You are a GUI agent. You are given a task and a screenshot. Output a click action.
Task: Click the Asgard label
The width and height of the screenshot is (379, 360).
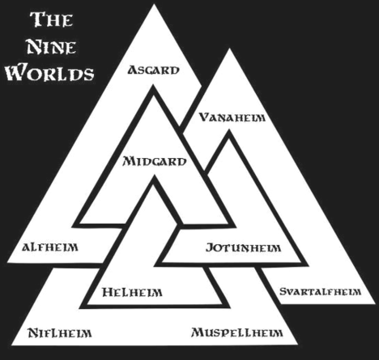pyautogui.click(x=153, y=70)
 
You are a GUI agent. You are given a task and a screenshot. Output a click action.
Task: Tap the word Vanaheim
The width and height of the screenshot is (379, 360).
pyautogui.click(x=232, y=118)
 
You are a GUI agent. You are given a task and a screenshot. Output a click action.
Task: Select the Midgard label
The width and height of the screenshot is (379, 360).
pyautogui.click(x=155, y=161)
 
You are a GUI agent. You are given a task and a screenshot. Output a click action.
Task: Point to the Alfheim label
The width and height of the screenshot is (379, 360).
pyautogui.click(x=50, y=247)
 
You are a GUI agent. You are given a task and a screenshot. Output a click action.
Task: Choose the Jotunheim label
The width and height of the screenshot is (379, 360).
pyautogui.click(x=243, y=247)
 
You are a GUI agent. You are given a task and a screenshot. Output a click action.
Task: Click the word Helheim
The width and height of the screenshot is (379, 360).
pyautogui.click(x=132, y=292)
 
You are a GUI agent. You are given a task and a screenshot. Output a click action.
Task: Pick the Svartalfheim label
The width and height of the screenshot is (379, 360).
pyautogui.click(x=320, y=292)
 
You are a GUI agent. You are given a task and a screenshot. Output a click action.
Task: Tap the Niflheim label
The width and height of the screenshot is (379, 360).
pyautogui.click(x=60, y=332)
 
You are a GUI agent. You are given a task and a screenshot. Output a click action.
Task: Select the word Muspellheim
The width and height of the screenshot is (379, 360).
pyautogui.click(x=237, y=332)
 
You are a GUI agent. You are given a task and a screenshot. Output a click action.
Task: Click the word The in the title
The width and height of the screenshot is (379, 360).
pyautogui.click(x=51, y=19)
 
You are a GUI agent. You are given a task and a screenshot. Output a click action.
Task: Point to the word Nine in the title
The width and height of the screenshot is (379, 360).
pyautogui.click(x=51, y=46)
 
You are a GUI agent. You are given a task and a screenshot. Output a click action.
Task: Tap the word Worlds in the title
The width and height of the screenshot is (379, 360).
pyautogui.click(x=50, y=72)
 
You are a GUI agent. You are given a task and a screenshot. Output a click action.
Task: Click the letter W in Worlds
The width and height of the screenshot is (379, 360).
pyautogui.click(x=16, y=71)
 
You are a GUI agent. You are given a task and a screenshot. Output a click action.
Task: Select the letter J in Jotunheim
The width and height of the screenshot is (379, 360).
pyautogui.click(x=210, y=247)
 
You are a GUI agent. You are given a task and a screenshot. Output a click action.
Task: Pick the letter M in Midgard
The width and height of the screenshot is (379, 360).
pyautogui.click(x=130, y=161)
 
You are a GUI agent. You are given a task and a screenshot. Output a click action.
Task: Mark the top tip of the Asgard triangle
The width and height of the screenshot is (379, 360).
pyautogui.click(x=154, y=4)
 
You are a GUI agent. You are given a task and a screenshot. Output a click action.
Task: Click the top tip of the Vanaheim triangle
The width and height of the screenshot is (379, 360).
pyautogui.click(x=229, y=49)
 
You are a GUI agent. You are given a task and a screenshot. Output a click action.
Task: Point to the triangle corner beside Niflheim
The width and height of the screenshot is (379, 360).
pyautogui.click(x=11, y=345)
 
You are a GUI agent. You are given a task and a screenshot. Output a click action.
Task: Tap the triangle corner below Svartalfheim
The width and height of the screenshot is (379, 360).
pyautogui.click(x=375, y=304)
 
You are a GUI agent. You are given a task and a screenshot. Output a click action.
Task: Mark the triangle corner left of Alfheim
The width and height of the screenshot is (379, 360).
pyautogui.click(x=7, y=262)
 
